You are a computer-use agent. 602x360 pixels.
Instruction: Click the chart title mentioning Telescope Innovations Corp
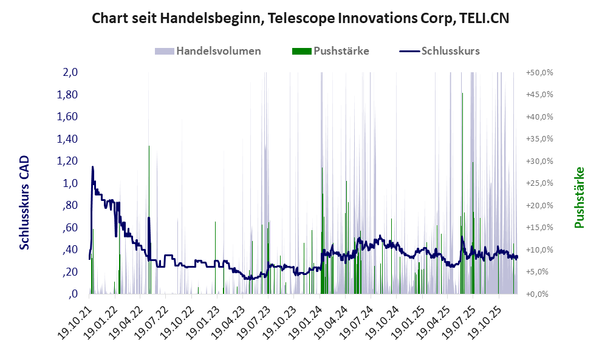pyautogui.click(x=300, y=18)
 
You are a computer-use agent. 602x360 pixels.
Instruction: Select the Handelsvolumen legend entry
pyautogui.click(x=218, y=51)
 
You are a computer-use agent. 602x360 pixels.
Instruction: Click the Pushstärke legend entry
pyautogui.click(x=341, y=51)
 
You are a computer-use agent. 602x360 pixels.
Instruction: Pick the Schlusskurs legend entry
pyautogui.click(x=450, y=51)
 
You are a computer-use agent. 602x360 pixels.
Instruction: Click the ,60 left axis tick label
pyautogui.click(x=69, y=228)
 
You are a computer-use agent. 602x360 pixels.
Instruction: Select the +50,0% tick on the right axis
pyautogui.click(x=539, y=72)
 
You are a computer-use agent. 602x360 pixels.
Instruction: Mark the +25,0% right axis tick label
pyautogui.click(x=539, y=183)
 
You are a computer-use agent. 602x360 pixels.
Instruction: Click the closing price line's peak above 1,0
pyautogui.click(x=92, y=167)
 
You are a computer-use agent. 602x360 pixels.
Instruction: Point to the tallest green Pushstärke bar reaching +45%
pyautogui.click(x=462, y=95)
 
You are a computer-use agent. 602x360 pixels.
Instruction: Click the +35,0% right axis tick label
pyautogui.click(x=539, y=139)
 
